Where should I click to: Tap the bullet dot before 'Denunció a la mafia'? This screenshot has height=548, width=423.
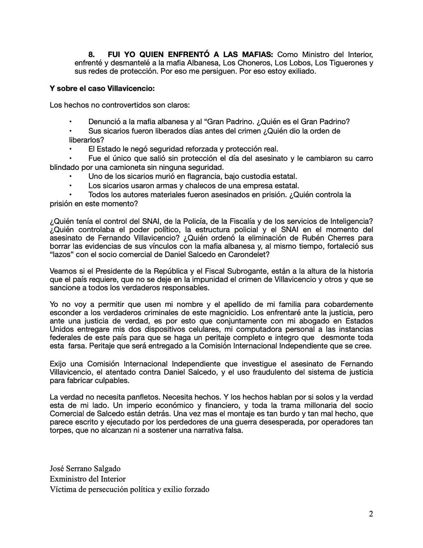tap(71, 122)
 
